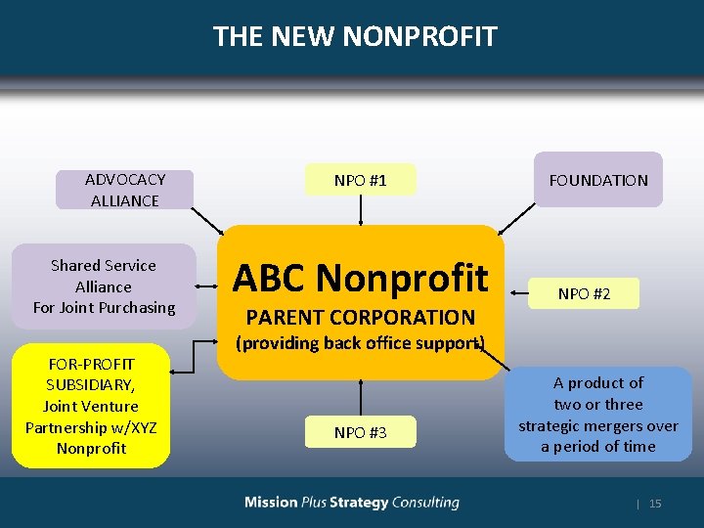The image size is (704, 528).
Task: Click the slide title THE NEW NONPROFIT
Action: pos(355,37)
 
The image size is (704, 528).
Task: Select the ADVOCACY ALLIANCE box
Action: pos(124,190)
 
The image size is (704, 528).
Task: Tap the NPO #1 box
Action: pos(360,180)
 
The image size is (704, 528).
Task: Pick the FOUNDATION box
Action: pos(598,180)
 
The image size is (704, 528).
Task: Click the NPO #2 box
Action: pos(584,293)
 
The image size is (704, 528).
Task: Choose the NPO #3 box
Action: pos(360,432)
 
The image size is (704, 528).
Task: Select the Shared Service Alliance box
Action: pos(104,286)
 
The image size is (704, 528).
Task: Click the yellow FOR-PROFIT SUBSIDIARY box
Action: pos(91,406)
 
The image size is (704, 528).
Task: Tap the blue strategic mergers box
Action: pos(597,414)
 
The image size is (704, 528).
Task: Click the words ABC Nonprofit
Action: pos(360,279)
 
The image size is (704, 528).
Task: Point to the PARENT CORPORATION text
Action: pos(360,317)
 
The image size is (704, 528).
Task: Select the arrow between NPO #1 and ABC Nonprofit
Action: pos(360,209)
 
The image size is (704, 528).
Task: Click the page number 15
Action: pos(655,504)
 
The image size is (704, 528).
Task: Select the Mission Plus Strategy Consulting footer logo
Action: pos(352,503)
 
